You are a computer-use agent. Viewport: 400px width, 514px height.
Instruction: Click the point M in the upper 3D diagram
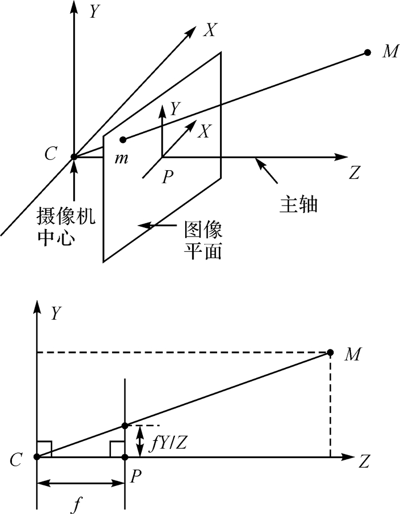pyautogui.click(x=367, y=53)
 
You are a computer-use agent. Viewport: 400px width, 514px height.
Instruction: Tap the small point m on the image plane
pyautogui.click(x=122, y=139)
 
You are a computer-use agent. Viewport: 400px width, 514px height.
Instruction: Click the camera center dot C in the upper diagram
pyautogui.click(x=74, y=156)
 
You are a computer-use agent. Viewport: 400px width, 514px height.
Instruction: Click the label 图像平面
pyautogui.click(x=203, y=240)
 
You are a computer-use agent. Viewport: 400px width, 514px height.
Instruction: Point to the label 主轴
pyautogui.click(x=298, y=204)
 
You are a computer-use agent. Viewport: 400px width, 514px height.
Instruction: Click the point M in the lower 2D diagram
pyautogui.click(x=330, y=352)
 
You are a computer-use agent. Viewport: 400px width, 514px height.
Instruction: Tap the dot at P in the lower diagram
pyautogui.click(x=125, y=457)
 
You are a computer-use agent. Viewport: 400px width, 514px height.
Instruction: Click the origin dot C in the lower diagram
pyautogui.click(x=37, y=457)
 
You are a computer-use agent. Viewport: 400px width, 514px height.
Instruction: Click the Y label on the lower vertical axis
pyautogui.click(x=57, y=312)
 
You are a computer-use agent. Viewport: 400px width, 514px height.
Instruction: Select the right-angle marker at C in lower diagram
pyautogui.click(x=45, y=449)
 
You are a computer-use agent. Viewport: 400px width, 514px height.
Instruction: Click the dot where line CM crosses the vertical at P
pyautogui.click(x=125, y=425)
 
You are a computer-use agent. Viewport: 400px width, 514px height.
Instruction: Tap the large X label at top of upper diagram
pyautogui.click(x=210, y=30)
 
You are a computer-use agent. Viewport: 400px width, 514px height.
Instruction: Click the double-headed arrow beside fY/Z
pyautogui.click(x=138, y=441)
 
